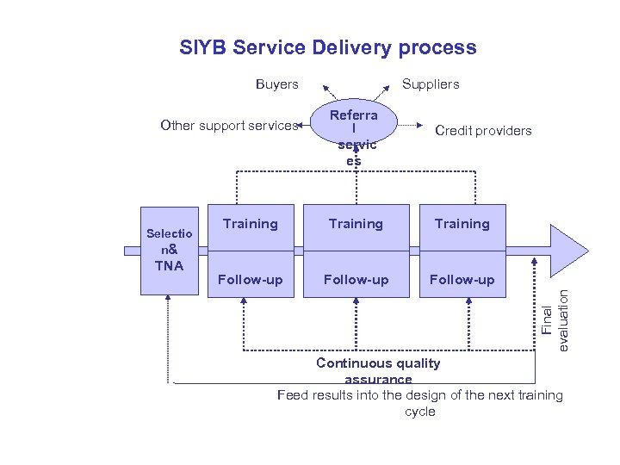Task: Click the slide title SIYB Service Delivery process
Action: [327, 47]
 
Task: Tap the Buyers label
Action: [277, 84]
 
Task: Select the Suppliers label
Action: [431, 84]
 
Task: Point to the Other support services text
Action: [228, 126]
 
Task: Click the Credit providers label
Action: [483, 131]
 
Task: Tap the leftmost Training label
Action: [250, 224]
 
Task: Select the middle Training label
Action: [356, 224]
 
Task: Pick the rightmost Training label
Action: [462, 224]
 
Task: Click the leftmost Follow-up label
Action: [250, 279]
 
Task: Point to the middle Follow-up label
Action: [356, 279]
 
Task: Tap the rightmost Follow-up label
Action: [462, 279]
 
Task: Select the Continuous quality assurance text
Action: [378, 370]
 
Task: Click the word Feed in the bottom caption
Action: [291, 395]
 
